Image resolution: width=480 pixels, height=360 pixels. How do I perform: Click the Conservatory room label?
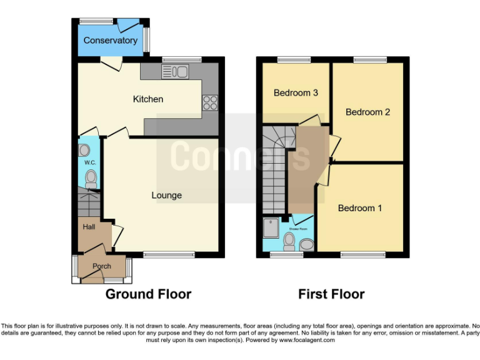[x=110, y=41]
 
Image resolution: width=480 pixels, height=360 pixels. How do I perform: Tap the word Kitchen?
[x=148, y=99]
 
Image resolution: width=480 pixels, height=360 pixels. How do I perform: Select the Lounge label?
[x=167, y=195]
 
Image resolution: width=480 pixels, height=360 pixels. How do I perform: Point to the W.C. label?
[x=89, y=163]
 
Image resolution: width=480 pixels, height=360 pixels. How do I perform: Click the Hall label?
[x=89, y=227]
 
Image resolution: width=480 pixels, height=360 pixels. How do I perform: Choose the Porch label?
[x=101, y=266]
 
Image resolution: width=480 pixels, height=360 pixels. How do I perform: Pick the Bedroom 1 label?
[x=359, y=208]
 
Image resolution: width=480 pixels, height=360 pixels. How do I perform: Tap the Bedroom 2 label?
[x=367, y=112]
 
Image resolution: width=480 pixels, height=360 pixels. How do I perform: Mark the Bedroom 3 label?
[x=296, y=93]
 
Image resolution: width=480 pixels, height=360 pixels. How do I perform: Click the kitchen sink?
[x=176, y=71]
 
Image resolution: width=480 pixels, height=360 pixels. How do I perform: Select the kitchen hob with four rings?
[x=210, y=102]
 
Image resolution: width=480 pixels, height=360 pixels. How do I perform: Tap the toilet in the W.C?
[x=91, y=179]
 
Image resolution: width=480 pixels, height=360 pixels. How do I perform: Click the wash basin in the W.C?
[x=84, y=151]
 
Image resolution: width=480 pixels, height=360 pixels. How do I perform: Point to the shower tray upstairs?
[x=272, y=229]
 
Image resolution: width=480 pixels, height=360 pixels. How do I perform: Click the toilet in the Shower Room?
[x=289, y=241]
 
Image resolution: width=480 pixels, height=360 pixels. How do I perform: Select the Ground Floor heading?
[x=148, y=294]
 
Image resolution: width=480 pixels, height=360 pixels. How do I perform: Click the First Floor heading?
[x=331, y=294]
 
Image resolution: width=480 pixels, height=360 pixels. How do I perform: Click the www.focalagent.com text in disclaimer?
[x=307, y=341]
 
